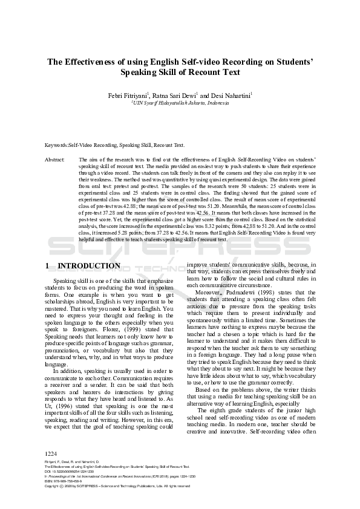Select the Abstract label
[55, 158]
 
